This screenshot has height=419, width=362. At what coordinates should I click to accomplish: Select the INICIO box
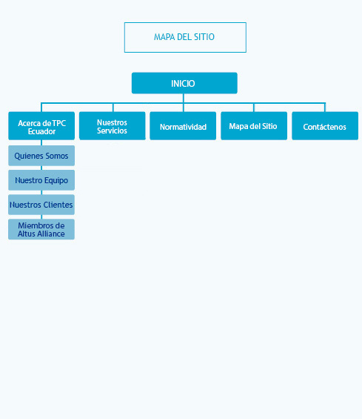(184, 83)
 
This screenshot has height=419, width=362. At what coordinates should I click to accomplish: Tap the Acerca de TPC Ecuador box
(41, 126)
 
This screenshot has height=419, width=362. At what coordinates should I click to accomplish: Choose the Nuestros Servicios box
(113, 126)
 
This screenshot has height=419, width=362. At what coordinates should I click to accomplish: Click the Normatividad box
(183, 126)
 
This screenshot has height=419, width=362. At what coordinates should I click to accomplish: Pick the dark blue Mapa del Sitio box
(254, 126)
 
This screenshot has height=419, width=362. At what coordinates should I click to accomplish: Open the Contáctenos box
(325, 126)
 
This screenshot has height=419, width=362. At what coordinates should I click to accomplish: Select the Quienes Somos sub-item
(41, 156)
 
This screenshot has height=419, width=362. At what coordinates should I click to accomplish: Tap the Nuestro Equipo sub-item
(41, 180)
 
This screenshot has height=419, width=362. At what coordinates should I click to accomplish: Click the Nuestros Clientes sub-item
(41, 205)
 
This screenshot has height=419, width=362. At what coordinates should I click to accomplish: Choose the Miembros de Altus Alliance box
(41, 229)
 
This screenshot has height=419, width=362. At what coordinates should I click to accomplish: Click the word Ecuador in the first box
(42, 131)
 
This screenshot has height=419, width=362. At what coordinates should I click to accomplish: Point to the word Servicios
(112, 131)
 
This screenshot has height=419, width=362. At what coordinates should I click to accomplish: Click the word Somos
(56, 156)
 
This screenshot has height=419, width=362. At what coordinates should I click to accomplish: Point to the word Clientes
(58, 205)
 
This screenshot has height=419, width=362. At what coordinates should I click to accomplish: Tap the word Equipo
(56, 181)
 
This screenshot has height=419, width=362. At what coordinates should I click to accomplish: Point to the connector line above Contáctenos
(325, 107)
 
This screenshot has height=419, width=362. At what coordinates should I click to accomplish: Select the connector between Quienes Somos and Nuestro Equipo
(41, 168)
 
